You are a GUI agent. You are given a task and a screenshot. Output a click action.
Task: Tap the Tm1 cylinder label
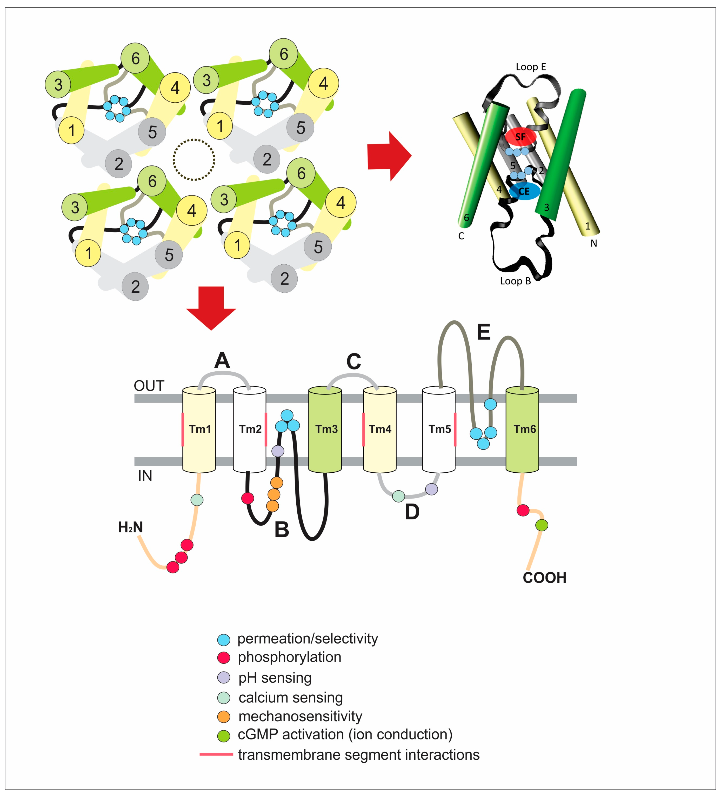point(200,429)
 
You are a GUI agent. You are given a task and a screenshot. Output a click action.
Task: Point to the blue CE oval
point(524,191)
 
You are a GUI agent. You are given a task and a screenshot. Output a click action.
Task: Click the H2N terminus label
point(131,527)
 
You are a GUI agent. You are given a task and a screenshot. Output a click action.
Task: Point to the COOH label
point(544,578)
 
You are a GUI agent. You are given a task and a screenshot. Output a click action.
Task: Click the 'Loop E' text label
point(531,67)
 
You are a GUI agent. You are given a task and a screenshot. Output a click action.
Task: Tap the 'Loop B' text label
point(515,281)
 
